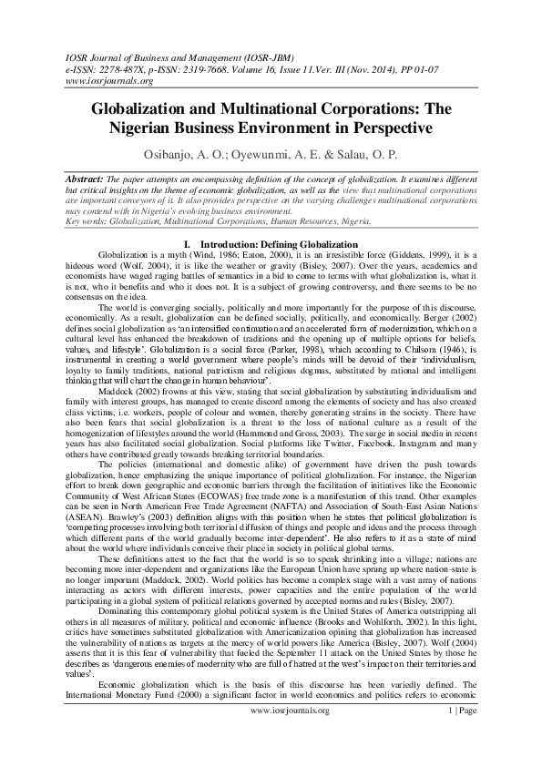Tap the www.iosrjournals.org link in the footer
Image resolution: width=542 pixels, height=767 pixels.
[x=289, y=734]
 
